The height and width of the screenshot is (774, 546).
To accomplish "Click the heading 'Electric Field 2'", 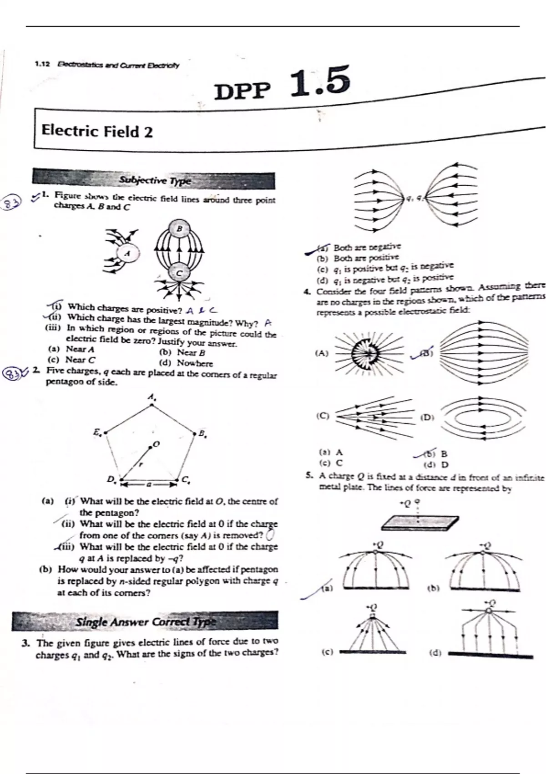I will click(x=97, y=131).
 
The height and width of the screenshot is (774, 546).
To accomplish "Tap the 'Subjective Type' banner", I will click(x=154, y=180).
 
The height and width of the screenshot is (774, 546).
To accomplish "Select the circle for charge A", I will click(x=128, y=253).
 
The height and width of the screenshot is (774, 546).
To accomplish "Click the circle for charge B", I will click(x=179, y=229).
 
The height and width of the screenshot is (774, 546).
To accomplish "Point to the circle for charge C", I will click(x=179, y=273).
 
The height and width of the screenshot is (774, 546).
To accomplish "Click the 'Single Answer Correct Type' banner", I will click(x=145, y=621).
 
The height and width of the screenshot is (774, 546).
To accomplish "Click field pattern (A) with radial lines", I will click(x=369, y=353).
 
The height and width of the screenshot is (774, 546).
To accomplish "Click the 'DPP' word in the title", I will click(x=242, y=91).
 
